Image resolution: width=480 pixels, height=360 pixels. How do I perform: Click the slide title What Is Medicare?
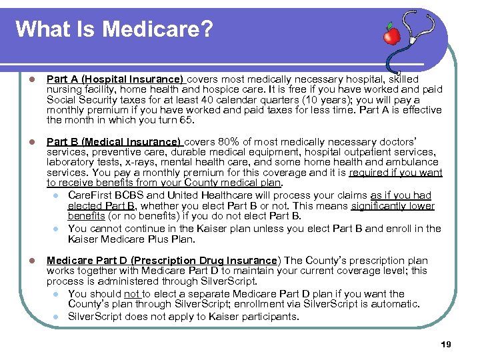point(113,29)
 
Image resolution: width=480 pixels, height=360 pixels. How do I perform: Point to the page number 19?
point(446,344)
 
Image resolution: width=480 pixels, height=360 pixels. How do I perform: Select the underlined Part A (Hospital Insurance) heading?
point(114,78)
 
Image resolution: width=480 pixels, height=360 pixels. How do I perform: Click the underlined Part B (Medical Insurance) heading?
point(114,141)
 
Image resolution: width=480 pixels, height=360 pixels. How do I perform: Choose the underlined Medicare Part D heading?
point(162,260)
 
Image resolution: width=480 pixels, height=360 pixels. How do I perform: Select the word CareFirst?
point(91,195)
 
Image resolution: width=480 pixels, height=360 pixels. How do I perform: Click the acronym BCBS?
point(131,195)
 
